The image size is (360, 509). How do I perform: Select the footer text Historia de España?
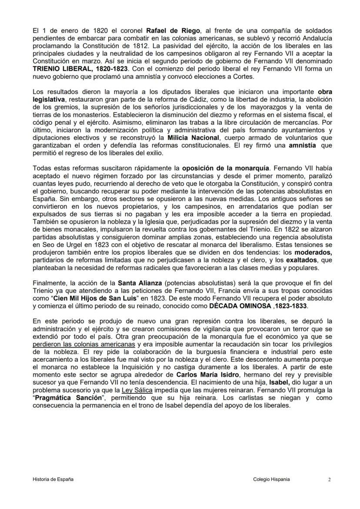point(53,479)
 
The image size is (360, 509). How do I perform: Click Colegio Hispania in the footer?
point(271,479)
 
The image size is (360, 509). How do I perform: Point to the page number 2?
point(329,479)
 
